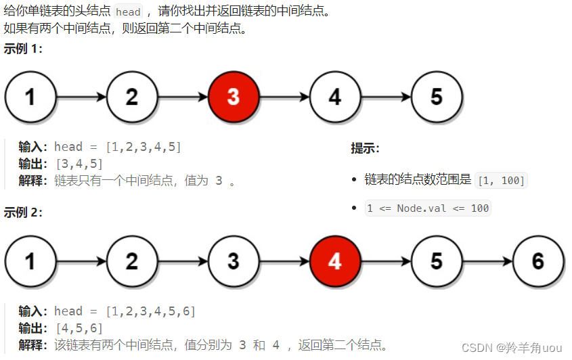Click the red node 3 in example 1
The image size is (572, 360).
(233, 96)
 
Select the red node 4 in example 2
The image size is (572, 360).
(334, 261)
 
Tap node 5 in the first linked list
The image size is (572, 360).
(436, 96)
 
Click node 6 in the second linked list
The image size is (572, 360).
(537, 261)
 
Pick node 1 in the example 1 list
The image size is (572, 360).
(30, 96)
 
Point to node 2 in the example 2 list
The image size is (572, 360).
(131, 261)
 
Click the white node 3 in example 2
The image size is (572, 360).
(233, 261)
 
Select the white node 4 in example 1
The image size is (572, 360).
(334, 96)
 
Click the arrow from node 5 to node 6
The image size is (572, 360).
(487, 261)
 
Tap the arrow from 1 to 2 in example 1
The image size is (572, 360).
(81, 96)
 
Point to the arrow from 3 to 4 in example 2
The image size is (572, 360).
(284, 261)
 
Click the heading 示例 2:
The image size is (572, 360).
(23, 212)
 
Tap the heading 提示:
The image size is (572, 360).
(365, 148)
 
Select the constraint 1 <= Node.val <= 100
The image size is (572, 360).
(427, 208)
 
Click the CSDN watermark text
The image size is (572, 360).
(511, 347)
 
